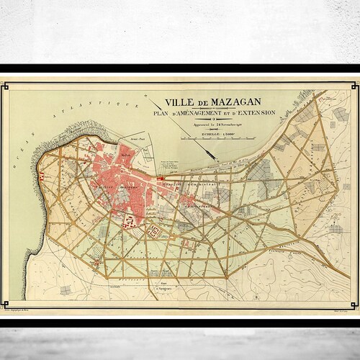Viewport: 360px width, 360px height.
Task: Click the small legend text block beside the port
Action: (x=171, y=161)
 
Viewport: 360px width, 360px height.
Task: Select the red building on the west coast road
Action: (x=42, y=176)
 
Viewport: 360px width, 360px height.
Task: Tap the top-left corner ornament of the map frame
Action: (x=6, y=86)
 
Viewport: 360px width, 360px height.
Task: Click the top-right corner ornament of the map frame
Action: (x=353, y=86)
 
